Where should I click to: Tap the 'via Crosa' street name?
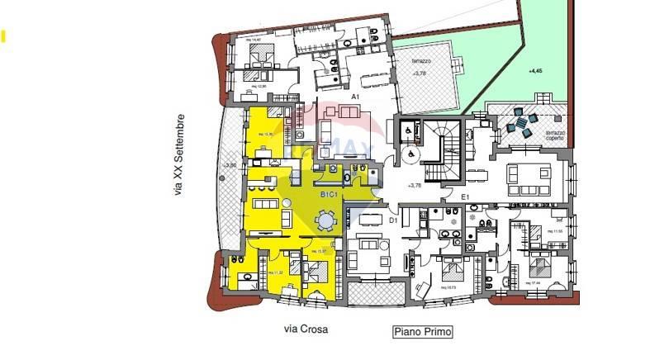(306, 329)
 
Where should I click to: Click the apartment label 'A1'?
(355, 97)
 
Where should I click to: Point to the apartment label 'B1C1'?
(332, 194)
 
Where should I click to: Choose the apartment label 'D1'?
(394, 220)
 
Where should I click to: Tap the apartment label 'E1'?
(465, 197)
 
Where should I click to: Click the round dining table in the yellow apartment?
(326, 220)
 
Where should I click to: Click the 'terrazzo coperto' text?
(554, 135)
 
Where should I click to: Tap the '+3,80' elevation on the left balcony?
(230, 165)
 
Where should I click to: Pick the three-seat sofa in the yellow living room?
(266, 203)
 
